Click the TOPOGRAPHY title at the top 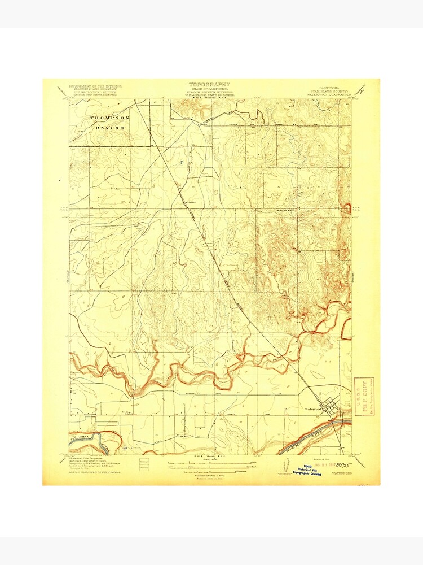click(x=209, y=84)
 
